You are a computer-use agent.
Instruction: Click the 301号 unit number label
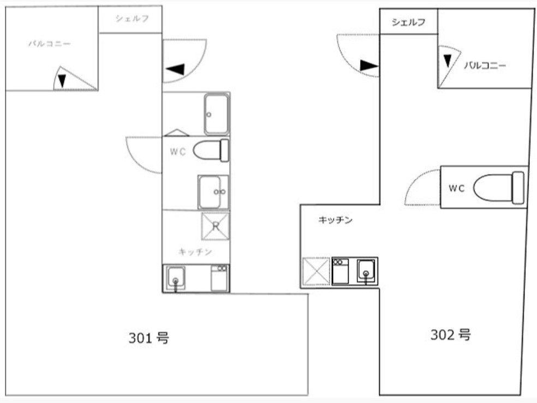click(x=148, y=338)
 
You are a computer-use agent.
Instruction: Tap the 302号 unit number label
click(x=450, y=335)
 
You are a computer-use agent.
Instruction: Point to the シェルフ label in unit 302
click(x=408, y=22)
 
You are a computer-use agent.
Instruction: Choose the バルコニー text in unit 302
click(x=485, y=65)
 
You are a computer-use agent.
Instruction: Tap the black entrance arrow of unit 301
click(x=176, y=69)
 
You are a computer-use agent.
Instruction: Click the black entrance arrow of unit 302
click(x=369, y=66)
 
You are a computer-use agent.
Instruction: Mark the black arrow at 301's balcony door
click(x=62, y=81)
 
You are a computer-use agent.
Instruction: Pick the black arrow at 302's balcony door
click(x=448, y=59)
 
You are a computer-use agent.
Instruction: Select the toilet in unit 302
click(x=499, y=188)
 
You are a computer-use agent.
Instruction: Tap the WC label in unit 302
click(x=456, y=188)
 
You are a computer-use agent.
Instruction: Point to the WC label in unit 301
click(x=177, y=152)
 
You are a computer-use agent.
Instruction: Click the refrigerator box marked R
click(x=215, y=226)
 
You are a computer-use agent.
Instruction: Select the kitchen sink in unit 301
click(x=176, y=277)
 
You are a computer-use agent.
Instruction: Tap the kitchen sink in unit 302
click(x=366, y=270)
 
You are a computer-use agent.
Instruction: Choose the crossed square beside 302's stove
click(x=316, y=271)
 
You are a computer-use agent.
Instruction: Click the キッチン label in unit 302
click(x=335, y=220)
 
